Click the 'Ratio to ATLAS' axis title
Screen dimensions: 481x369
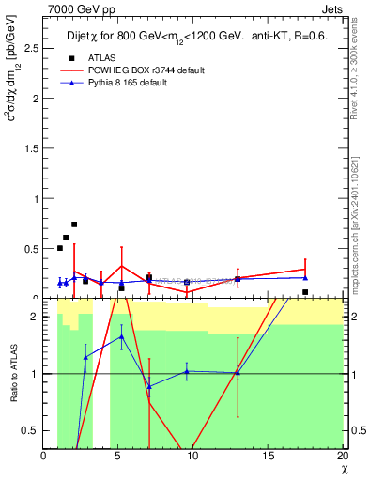16,373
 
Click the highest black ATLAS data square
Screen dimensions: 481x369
74,225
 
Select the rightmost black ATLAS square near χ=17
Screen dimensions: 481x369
305,292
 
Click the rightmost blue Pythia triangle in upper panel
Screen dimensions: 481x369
305,277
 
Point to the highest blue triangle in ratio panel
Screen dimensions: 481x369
121,336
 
